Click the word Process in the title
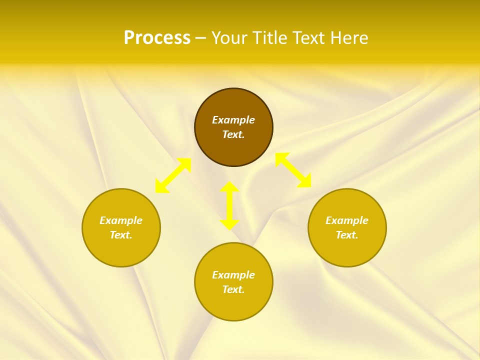(157, 38)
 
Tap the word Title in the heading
(272, 38)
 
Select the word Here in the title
(349, 38)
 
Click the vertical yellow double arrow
(229, 205)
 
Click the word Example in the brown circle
(233, 120)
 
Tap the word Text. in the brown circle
(233, 134)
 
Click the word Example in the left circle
(121, 220)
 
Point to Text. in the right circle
(347, 235)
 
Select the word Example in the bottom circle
(233, 275)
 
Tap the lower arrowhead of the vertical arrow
(229, 224)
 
